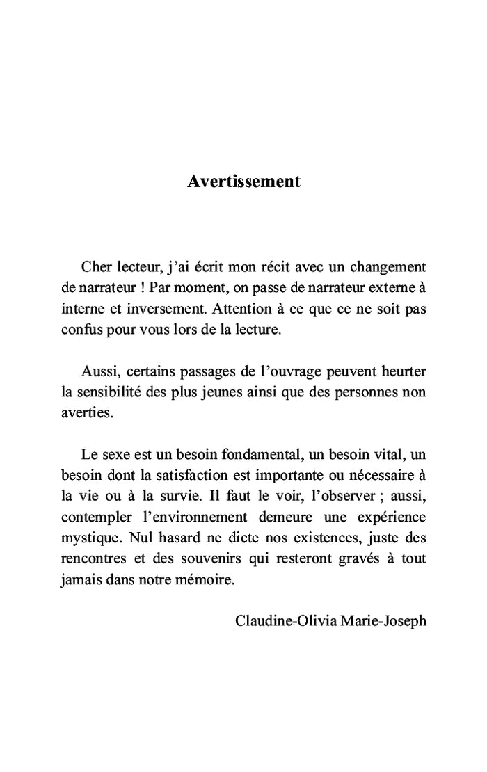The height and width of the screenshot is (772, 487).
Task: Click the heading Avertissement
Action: [243, 182]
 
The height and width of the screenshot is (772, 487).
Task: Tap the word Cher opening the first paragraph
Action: [96, 267]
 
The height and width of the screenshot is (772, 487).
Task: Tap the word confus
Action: [79, 330]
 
